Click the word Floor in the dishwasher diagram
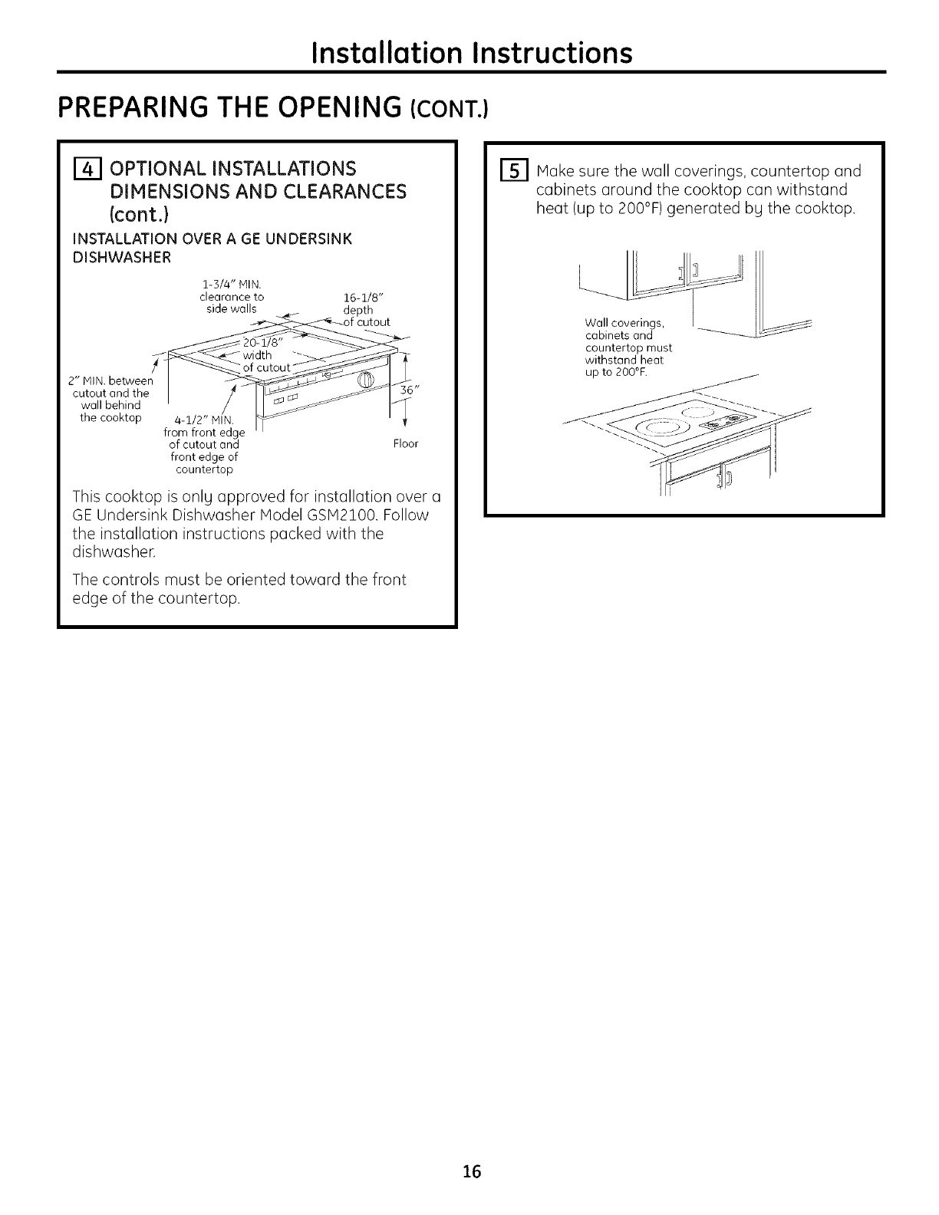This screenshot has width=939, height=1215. [405, 444]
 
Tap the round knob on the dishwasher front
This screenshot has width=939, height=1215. [364, 380]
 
